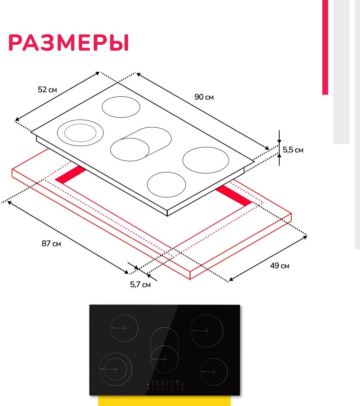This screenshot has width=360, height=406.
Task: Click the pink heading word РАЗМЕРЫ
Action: point(69,43)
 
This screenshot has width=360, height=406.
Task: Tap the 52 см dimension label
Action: point(48,90)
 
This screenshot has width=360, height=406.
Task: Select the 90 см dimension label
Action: point(204,97)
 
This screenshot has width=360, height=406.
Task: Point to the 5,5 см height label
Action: point(293,150)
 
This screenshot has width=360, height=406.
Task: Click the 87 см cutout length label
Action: point(51,244)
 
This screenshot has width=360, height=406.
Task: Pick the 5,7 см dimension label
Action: point(140,285)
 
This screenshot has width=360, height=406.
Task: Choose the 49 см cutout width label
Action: point(279,266)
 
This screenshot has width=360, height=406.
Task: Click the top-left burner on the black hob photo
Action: point(124,328)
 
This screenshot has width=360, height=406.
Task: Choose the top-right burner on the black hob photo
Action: point(207,331)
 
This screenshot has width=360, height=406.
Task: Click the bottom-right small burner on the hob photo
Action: point(214,371)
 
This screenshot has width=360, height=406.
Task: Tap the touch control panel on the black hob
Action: point(165,385)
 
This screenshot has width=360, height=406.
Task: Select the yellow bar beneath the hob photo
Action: point(164,401)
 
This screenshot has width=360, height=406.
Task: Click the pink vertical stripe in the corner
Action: point(325,47)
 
